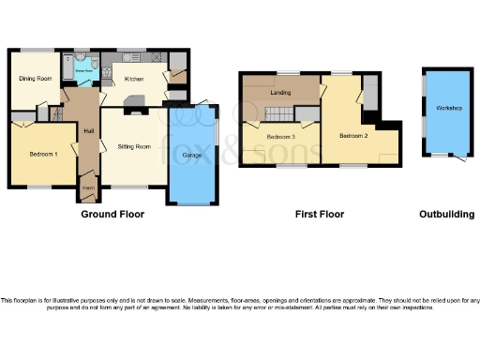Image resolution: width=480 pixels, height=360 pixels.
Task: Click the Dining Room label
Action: tap(35, 78)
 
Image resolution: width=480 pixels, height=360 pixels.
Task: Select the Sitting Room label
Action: tap(134, 146)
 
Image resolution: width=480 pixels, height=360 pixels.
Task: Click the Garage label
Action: tap(192, 154)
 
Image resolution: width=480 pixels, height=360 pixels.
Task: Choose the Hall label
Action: tap(88, 131)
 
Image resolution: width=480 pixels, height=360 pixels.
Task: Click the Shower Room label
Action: tap(82, 69)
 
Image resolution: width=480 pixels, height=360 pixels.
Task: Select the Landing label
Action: tap(278, 92)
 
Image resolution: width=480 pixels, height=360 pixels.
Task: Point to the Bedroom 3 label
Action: tap(280, 138)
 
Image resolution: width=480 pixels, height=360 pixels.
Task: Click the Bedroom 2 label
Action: tap(352, 136)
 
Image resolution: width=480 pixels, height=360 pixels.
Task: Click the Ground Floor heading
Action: tap(112, 215)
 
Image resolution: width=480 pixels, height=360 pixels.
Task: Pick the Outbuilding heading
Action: tap(445, 215)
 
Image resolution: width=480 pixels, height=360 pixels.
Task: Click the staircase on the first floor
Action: tap(280, 114)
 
